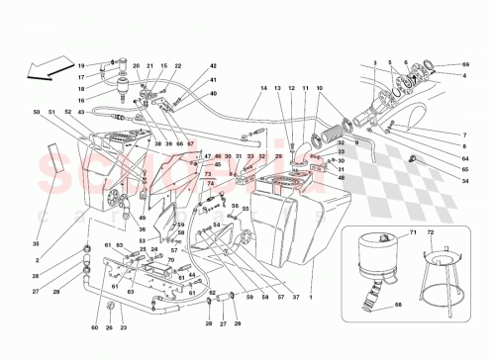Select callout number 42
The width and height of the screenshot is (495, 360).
[x=213, y=65]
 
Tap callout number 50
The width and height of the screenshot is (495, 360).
[x=36, y=113]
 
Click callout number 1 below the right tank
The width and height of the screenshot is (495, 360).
[x=314, y=298]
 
